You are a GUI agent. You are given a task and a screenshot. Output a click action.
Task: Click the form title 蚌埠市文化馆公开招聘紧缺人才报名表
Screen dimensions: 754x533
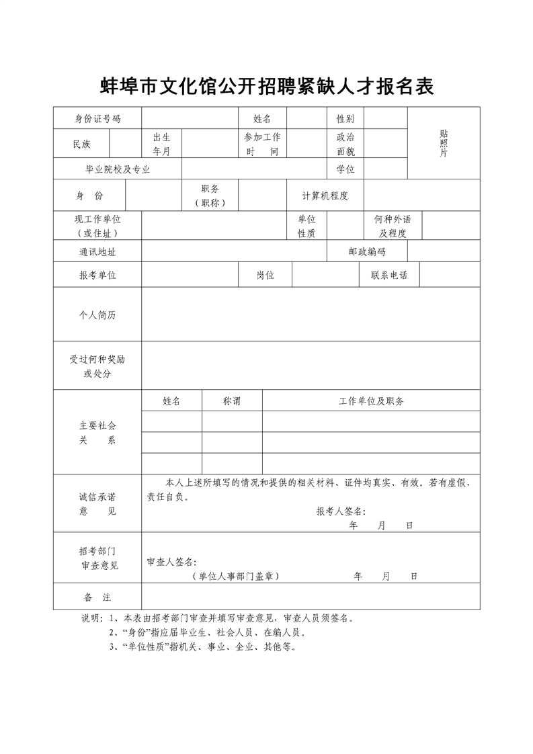[x=267, y=87]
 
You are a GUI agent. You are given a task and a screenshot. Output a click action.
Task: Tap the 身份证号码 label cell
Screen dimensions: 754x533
[x=97, y=119]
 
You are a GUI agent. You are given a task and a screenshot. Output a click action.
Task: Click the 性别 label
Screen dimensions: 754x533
[x=345, y=119]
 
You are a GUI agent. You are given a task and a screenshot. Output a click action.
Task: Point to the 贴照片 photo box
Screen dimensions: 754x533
[x=444, y=143]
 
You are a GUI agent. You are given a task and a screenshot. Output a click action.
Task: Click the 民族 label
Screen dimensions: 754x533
[x=81, y=144]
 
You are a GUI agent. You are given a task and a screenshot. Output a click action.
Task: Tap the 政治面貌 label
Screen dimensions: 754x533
[x=345, y=144]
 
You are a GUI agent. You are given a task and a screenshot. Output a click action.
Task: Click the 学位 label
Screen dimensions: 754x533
[x=345, y=169]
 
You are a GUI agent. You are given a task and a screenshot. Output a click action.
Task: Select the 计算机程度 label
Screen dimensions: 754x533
[x=325, y=196]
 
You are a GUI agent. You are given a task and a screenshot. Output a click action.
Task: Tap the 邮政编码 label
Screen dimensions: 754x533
[x=367, y=251]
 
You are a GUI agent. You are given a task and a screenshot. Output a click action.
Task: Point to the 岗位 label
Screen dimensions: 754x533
[x=265, y=276]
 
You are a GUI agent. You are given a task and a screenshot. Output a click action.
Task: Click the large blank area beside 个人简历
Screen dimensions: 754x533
[x=311, y=315]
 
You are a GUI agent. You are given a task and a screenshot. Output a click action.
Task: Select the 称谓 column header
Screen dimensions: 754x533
[x=232, y=401]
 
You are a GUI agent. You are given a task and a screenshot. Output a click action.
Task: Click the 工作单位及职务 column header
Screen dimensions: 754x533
[x=371, y=401]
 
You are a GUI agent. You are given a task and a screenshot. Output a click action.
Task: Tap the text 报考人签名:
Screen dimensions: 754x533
[x=341, y=511]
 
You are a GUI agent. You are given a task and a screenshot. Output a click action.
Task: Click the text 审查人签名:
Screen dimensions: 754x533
[x=171, y=562]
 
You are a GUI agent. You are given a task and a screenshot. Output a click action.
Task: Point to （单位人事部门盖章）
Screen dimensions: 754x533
[x=235, y=576]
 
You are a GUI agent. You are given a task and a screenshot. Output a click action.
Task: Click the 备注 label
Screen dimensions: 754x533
[x=97, y=597]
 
